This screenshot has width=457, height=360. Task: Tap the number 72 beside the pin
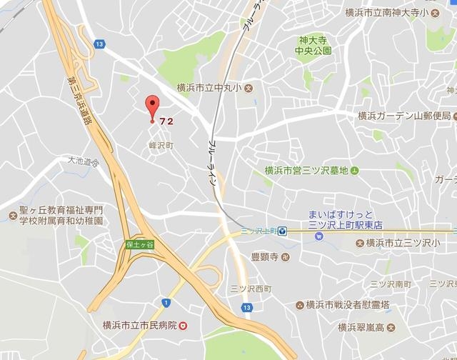166,121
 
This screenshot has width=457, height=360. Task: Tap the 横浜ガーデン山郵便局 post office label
404,116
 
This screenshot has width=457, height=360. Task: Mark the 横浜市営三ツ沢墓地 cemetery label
306,170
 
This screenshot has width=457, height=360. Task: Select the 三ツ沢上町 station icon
283,230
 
